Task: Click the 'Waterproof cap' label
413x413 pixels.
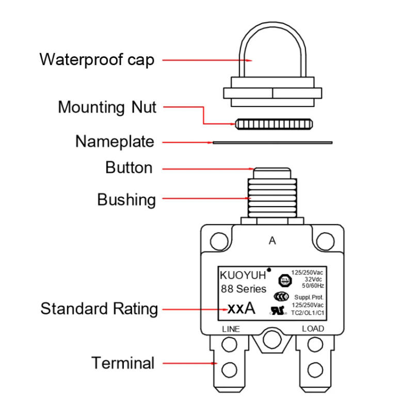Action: pyautogui.click(x=97, y=59)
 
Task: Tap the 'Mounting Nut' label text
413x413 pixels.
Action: pyautogui.click(x=107, y=107)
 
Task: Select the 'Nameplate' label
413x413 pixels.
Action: pyautogui.click(x=115, y=141)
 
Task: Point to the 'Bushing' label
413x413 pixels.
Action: pyautogui.click(x=126, y=199)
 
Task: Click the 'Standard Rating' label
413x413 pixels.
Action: pyautogui.click(x=99, y=309)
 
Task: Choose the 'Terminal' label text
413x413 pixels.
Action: pyautogui.click(x=123, y=363)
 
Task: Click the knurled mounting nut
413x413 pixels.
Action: pyautogui.click(x=274, y=124)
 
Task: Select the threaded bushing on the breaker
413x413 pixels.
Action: pyautogui.click(x=274, y=196)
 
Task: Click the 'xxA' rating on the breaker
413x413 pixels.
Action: pyautogui.click(x=242, y=309)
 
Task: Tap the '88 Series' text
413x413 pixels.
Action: pyautogui.click(x=244, y=289)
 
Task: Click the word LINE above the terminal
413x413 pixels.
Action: pyautogui.click(x=231, y=329)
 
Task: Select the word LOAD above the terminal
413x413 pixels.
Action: pyautogui.click(x=313, y=329)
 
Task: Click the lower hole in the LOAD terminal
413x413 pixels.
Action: pyautogui.click(x=313, y=369)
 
